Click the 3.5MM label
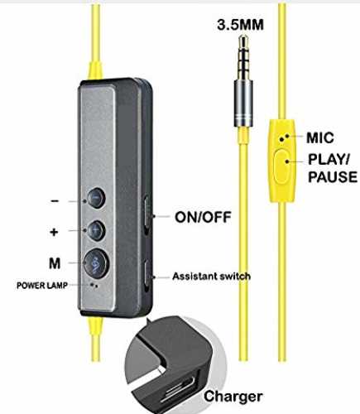240,25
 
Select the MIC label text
320,137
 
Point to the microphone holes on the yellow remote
284,137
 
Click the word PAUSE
333,177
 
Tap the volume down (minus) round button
96,198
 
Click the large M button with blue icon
96,263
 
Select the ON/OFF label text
203,218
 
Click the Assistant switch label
211,277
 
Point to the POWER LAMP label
42,286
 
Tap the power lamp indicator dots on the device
94,285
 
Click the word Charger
233,397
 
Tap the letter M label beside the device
55,263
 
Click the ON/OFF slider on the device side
147,212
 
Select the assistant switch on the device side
147,277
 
